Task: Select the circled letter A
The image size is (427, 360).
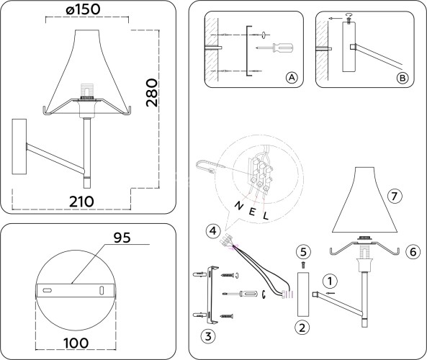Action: pos(292,77)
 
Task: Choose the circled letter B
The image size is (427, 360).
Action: pos(403,77)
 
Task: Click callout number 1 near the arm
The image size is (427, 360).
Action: pos(328,281)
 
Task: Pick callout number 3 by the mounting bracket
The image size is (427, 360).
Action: pos(207,336)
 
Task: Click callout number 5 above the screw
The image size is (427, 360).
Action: pos(303,251)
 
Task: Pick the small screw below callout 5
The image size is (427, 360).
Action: pos(303,265)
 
